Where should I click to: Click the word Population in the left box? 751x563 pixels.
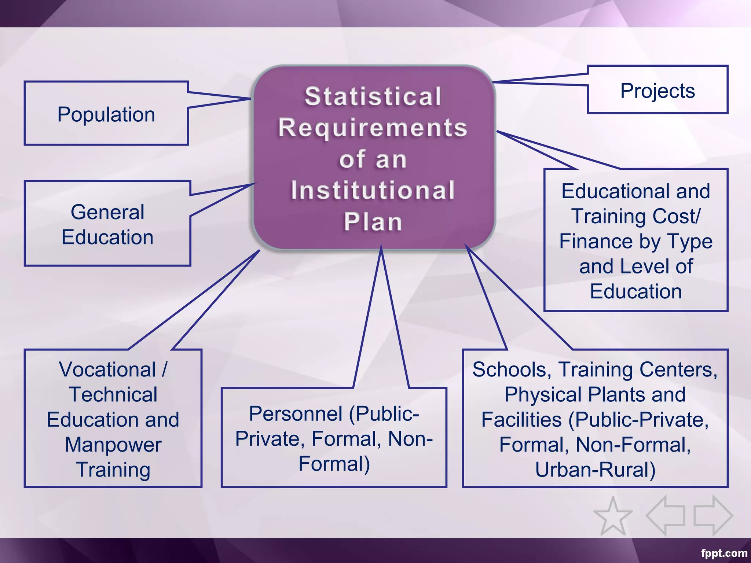pyautogui.click(x=106, y=115)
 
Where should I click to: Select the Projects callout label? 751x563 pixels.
pyautogui.click(x=657, y=91)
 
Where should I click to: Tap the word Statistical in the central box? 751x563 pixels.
pyautogui.click(x=373, y=96)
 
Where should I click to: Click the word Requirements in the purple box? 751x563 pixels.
pyautogui.click(x=373, y=128)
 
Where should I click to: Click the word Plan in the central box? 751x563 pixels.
pyautogui.click(x=373, y=222)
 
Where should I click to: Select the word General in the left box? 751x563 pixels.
pyautogui.click(x=107, y=212)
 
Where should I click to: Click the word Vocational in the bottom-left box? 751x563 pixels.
pyautogui.click(x=107, y=369)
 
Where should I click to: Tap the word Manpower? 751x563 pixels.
pyautogui.click(x=113, y=445)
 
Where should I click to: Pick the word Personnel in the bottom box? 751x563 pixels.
pyautogui.click(x=296, y=414)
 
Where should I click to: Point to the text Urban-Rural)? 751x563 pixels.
pyautogui.click(x=595, y=470)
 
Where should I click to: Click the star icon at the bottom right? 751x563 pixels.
pyautogui.click(x=613, y=516)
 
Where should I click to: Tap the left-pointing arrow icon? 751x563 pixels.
pyautogui.click(x=665, y=516)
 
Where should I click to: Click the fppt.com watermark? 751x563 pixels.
pyautogui.click(x=724, y=553)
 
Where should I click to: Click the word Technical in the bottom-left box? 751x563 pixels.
pyautogui.click(x=113, y=395)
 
